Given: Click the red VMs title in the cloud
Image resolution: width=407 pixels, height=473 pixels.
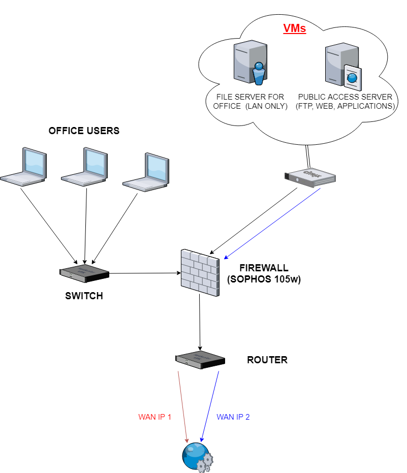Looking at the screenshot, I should [295, 29].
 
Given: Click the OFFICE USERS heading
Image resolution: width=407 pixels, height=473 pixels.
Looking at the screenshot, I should [84, 131].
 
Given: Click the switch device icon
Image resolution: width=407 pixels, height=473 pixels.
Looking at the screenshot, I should [84, 273].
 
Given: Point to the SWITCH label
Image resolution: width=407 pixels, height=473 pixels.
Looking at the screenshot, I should [84, 296].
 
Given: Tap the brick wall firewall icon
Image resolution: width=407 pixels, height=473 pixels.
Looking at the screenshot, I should [200, 273].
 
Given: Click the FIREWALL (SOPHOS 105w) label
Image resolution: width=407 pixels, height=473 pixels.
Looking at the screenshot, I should [264, 273].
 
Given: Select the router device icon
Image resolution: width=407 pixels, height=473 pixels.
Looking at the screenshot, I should [200, 359].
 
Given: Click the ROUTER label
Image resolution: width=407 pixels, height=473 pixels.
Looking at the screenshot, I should [267, 360].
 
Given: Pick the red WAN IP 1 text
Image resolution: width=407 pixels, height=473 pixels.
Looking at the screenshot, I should [155, 417].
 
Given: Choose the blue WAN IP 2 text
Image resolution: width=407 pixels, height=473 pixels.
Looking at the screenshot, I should [233, 417].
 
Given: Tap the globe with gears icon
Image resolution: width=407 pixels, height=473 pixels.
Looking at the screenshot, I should [197, 457].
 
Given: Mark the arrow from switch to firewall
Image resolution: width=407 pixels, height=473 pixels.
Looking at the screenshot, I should [145, 273].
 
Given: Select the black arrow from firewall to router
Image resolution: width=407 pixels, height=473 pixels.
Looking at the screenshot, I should [200, 320].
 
